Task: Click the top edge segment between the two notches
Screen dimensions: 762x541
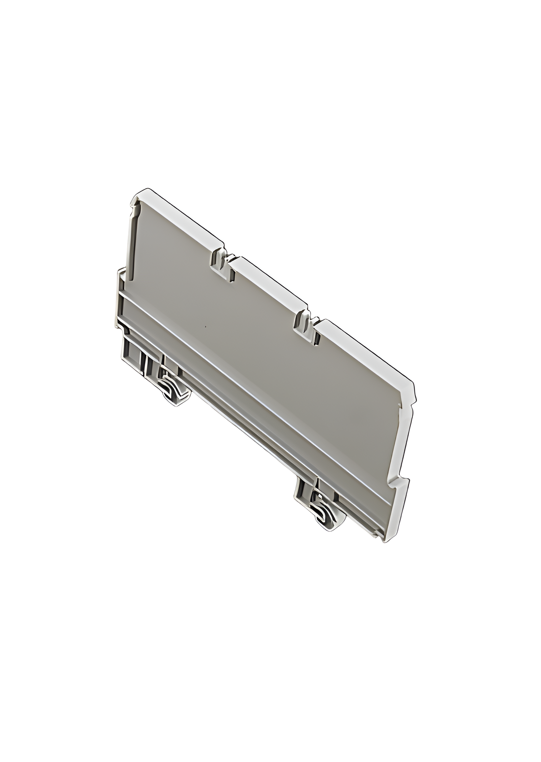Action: click(270, 282)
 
